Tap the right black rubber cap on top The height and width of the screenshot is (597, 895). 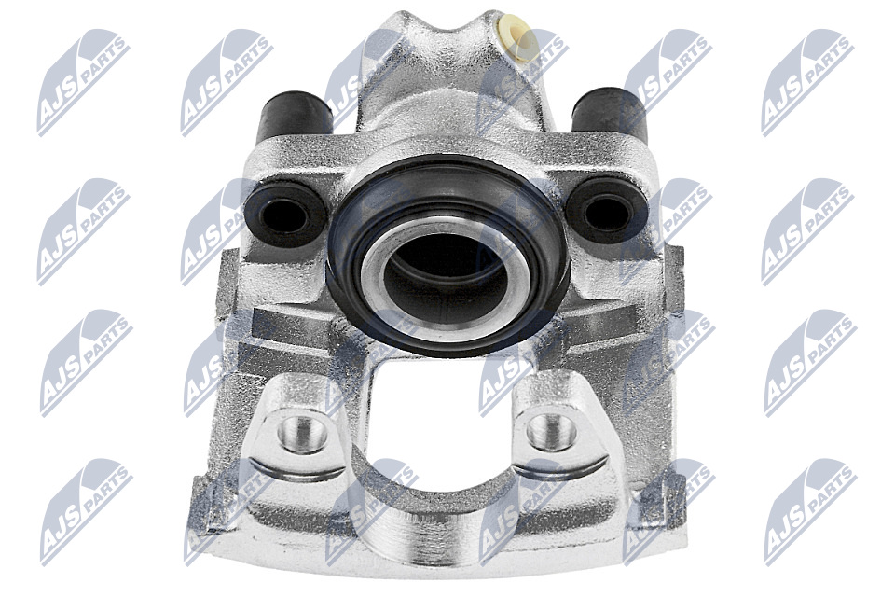pos(610,114)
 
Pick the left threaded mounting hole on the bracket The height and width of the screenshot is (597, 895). pos(302,433)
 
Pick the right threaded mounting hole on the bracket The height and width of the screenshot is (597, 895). pos(551,431)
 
